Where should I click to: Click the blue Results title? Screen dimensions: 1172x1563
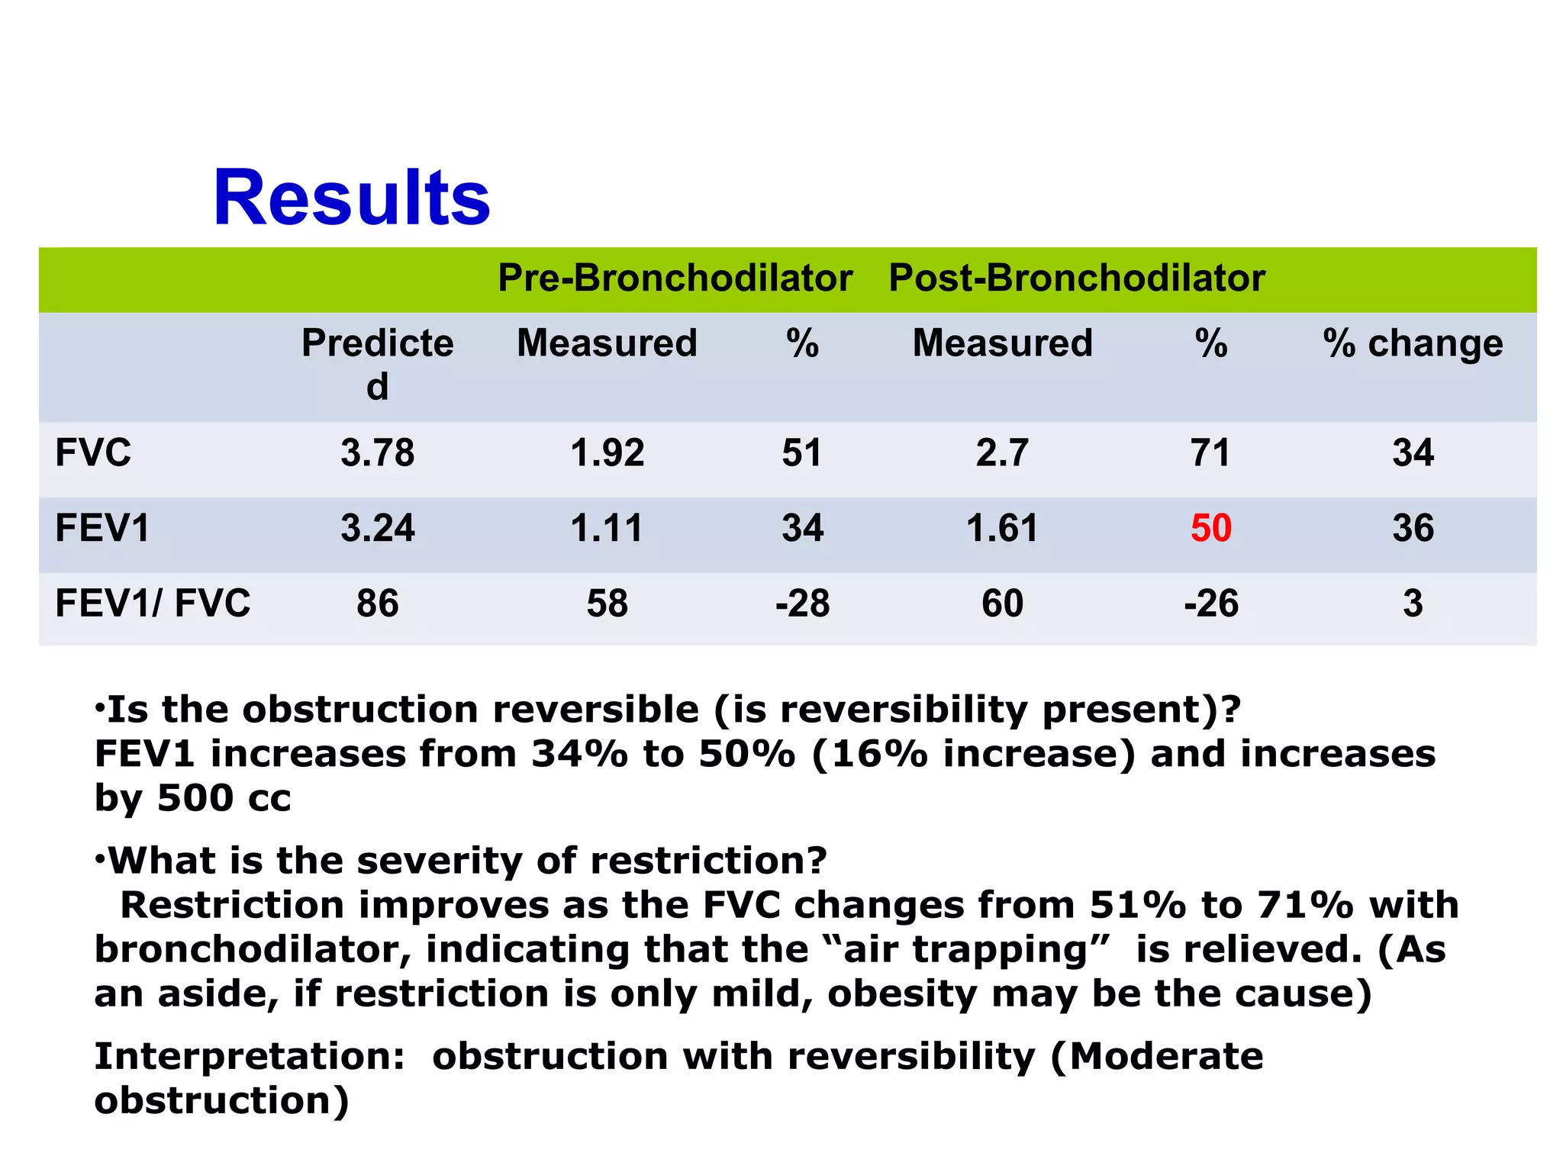coord(351,198)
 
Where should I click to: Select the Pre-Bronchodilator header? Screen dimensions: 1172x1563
coord(675,278)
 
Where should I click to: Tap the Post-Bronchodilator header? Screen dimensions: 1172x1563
coord(1077,278)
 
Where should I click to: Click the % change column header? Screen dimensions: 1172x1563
coord(1413,343)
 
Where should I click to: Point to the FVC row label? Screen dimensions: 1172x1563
coord(93,452)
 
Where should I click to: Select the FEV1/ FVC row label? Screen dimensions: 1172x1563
coord(153,604)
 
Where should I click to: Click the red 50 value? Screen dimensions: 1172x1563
coord(1210,528)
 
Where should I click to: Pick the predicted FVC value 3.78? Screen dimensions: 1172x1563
coord(377,452)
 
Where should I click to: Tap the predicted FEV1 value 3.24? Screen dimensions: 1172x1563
coord(377,528)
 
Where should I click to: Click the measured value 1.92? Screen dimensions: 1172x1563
coord(607,452)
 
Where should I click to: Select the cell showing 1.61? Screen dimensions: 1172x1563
coord(1002,528)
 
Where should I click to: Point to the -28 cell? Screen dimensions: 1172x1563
coord(802,604)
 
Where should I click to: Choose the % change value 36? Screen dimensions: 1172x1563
coord(1413,528)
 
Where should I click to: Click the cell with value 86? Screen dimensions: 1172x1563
coord(377,604)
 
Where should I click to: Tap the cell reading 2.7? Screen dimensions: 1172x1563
coord(1002,452)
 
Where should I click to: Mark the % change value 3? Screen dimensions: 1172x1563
coord(1413,604)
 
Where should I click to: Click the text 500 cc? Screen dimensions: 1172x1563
coord(224,798)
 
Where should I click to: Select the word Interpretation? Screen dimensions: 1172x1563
coord(249,1058)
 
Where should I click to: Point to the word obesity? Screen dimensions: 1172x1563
coord(901,994)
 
